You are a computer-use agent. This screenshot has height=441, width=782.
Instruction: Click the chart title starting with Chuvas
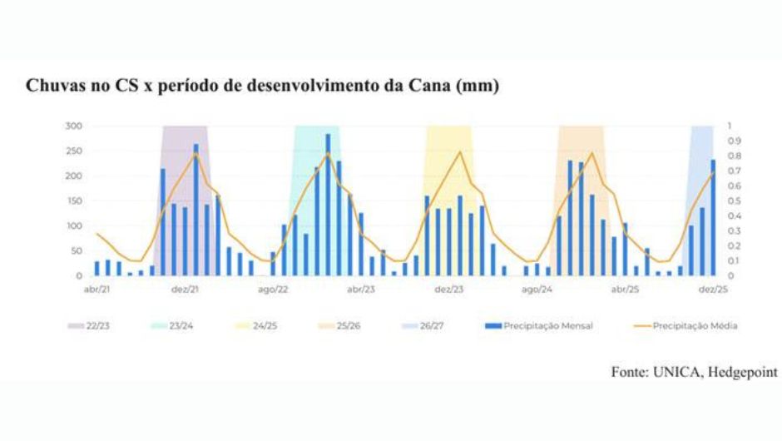point(263,87)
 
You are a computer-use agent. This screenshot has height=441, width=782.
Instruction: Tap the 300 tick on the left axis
point(75,126)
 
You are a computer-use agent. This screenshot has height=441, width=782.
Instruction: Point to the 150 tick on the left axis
point(75,201)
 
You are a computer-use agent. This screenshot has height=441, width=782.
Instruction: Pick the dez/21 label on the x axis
point(185,290)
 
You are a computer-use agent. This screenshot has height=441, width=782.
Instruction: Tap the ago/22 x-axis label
point(273,290)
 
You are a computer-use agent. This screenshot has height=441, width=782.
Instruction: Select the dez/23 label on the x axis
point(449,290)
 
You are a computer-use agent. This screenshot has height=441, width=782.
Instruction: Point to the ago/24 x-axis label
point(537,290)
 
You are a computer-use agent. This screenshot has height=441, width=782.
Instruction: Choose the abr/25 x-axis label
point(626,290)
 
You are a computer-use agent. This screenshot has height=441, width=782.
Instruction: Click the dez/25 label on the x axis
point(713,290)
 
